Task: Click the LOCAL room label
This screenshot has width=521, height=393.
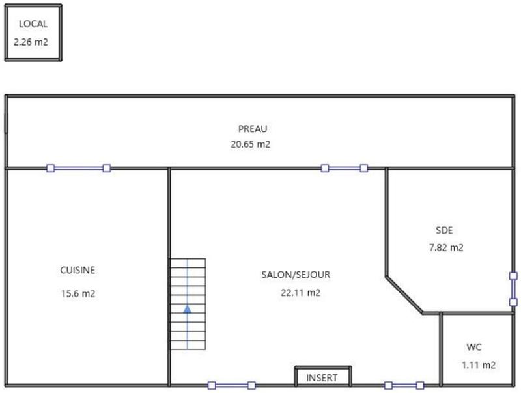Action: (x=33, y=24)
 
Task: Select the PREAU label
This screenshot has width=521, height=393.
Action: (x=253, y=129)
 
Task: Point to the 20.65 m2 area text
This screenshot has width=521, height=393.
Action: (x=250, y=144)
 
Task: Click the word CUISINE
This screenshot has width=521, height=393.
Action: (x=78, y=270)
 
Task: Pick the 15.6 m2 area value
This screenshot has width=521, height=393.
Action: (x=78, y=293)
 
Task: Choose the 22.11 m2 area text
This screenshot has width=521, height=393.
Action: (x=300, y=293)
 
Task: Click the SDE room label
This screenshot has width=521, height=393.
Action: (x=444, y=230)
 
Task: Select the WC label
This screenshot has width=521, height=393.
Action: (x=474, y=347)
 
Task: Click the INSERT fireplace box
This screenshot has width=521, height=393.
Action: (x=323, y=377)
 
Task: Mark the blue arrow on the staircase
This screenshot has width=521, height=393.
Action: (x=188, y=309)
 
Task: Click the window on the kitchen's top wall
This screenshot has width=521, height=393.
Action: (x=78, y=168)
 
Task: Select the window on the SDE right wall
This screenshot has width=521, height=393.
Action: (x=513, y=288)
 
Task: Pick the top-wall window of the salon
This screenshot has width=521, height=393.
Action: (x=344, y=168)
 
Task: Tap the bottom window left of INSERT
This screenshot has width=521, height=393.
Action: (x=231, y=385)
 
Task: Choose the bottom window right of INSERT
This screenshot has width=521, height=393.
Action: (x=404, y=385)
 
